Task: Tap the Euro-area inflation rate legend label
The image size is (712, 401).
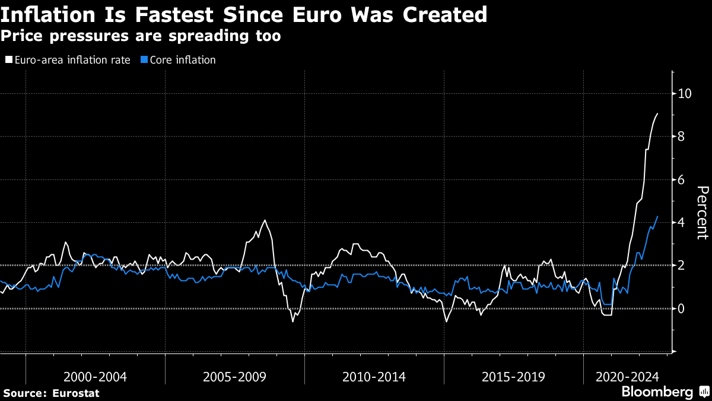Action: [x=72, y=60]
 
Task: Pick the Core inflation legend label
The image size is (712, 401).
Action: [x=182, y=60]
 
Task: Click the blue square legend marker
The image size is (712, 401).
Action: [x=144, y=60]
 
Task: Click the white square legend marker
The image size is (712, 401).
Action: [x=8, y=60]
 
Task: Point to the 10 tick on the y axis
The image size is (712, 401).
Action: [x=685, y=93]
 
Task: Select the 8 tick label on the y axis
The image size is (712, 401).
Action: [x=682, y=137]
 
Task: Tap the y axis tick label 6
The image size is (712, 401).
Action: [x=682, y=179]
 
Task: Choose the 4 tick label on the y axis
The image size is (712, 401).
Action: [x=682, y=222]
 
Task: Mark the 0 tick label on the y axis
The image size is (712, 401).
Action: [x=682, y=308]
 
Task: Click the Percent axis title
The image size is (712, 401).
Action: [x=702, y=212]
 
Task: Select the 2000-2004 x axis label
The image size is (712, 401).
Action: [x=95, y=377]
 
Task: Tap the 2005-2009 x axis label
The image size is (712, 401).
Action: [x=234, y=377]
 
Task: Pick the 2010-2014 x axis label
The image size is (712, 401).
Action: [x=374, y=377]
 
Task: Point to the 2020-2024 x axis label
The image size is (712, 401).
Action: [x=627, y=377]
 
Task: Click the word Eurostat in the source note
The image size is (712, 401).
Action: [x=75, y=393]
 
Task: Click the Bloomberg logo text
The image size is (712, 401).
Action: [x=657, y=391]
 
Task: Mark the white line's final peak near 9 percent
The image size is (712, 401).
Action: [x=657, y=113]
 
